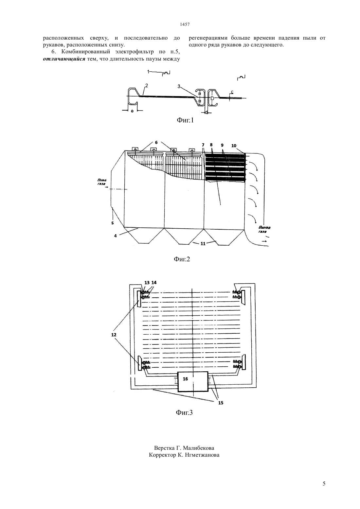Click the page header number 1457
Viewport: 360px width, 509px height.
click(x=185, y=25)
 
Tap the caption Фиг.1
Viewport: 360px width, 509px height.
click(x=185, y=120)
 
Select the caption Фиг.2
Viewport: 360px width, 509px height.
click(x=182, y=259)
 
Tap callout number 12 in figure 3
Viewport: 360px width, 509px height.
click(x=114, y=335)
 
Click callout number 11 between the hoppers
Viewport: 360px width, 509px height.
click(x=203, y=244)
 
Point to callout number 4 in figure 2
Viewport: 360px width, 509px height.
click(x=116, y=236)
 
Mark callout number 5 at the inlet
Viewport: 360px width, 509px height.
click(x=113, y=223)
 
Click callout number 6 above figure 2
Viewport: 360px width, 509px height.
click(x=156, y=142)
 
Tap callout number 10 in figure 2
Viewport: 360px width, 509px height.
click(x=234, y=146)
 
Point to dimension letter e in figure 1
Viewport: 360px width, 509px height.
click(x=132, y=111)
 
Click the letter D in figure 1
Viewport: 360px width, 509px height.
click(x=212, y=98)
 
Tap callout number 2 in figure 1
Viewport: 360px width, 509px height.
click(x=147, y=85)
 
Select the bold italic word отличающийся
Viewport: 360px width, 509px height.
click(x=64, y=59)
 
